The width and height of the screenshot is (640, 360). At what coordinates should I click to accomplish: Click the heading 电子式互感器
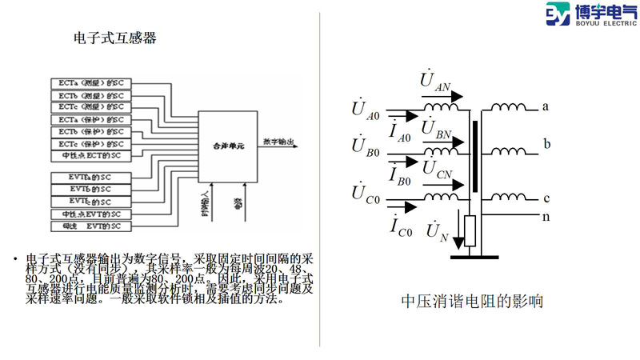pyautogui.click(x=114, y=38)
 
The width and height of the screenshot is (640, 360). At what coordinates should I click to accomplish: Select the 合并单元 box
pyautogui.click(x=228, y=149)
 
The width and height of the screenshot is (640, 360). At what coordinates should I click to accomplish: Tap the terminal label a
pyautogui.click(x=545, y=106)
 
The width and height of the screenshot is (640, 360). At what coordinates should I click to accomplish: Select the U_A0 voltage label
pyautogui.click(x=366, y=111)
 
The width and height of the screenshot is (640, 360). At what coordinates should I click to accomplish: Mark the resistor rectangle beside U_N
pyautogui.click(x=470, y=231)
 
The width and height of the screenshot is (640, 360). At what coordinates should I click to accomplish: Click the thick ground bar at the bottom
pyautogui.click(x=479, y=257)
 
